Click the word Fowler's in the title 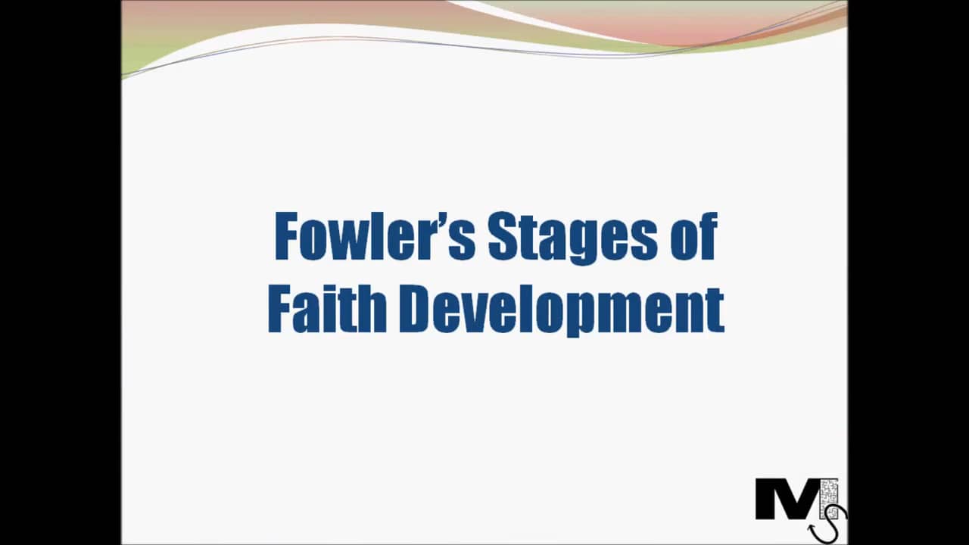click(x=375, y=236)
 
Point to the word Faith click(x=327, y=309)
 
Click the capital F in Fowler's click(x=286, y=236)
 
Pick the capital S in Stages click(x=501, y=236)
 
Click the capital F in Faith click(x=279, y=309)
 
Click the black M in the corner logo click(x=786, y=500)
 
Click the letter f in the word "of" click(x=707, y=236)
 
